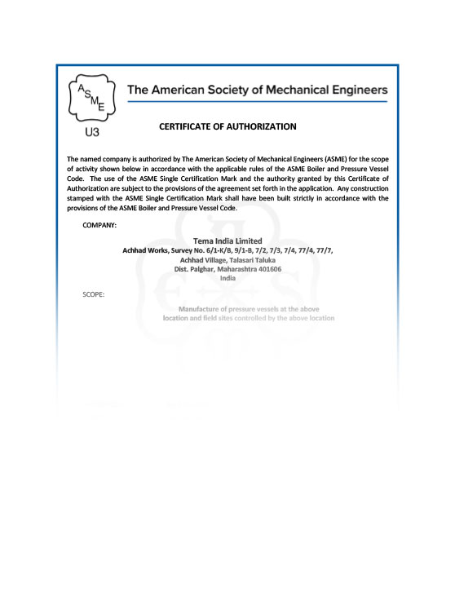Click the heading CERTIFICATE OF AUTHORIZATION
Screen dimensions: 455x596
[x=227, y=126]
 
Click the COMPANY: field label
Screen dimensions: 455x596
[x=99, y=223]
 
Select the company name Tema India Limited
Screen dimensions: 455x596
[x=227, y=241]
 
